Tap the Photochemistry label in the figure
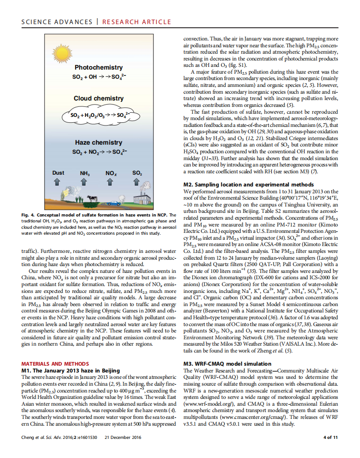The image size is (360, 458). (99, 68)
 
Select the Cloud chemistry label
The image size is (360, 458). (99, 98)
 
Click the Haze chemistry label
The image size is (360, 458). (99, 142)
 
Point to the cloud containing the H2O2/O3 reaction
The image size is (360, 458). (99, 116)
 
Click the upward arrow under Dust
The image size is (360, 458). (57, 182)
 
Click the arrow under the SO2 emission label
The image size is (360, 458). (137, 182)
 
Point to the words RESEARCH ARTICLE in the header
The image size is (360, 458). (137, 21)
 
